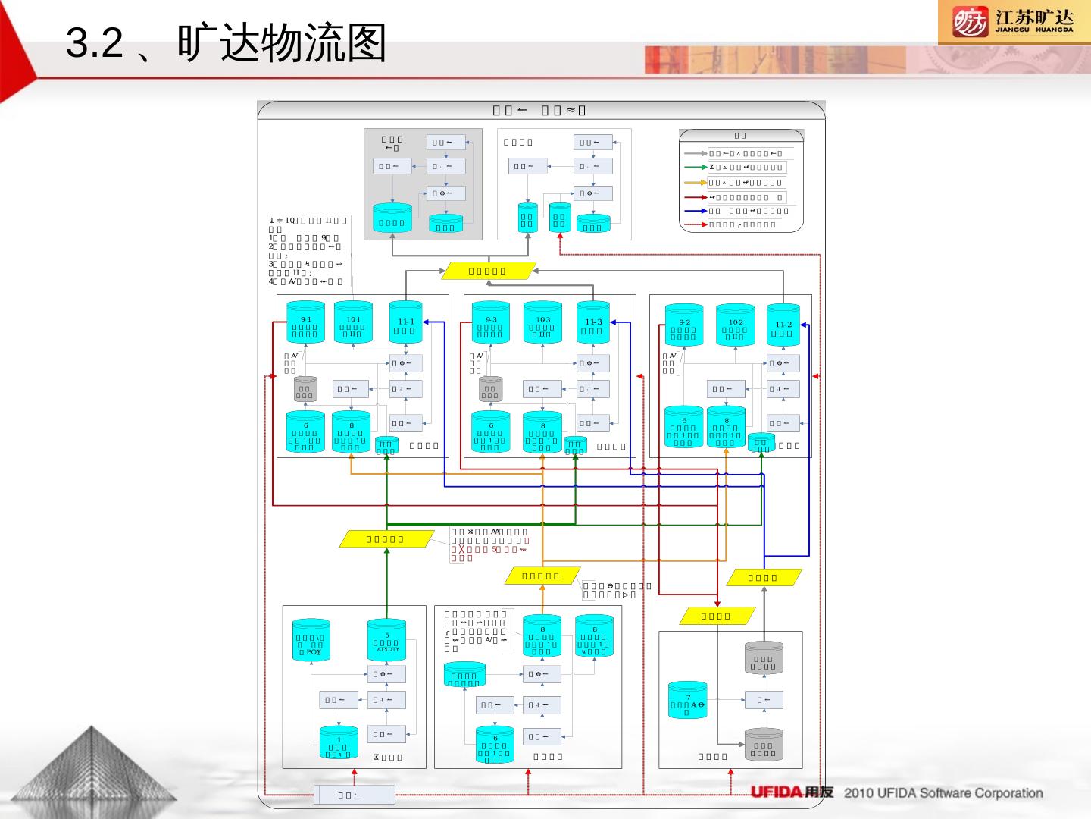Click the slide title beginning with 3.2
(x=227, y=43)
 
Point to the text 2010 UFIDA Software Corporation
(x=943, y=793)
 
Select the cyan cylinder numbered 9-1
(x=305, y=323)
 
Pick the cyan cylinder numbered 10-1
(x=353, y=323)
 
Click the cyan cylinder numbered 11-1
(x=406, y=323)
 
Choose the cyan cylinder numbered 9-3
(x=491, y=323)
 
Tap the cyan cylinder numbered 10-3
(x=542, y=323)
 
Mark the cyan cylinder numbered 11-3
(x=593, y=323)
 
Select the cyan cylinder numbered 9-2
(x=684, y=325)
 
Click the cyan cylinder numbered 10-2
(x=735, y=325)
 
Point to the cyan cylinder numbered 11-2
(x=783, y=325)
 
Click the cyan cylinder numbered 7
(x=688, y=701)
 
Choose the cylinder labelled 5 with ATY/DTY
(x=386, y=642)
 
